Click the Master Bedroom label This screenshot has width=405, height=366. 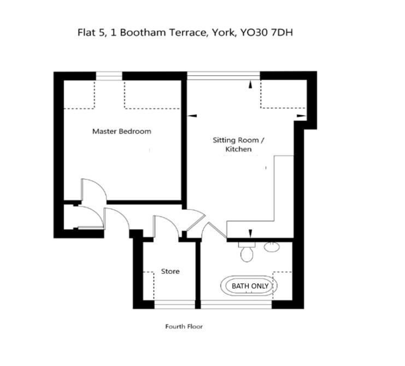[x=122, y=132]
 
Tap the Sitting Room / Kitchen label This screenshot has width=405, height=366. [x=238, y=145]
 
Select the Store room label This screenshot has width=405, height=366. [x=170, y=271]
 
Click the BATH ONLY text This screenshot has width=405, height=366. [x=250, y=286]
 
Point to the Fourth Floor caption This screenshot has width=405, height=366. [x=184, y=327]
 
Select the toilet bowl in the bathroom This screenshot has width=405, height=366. [x=247, y=254]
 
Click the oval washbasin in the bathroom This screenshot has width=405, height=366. [x=272, y=247]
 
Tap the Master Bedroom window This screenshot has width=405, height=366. [x=109, y=76]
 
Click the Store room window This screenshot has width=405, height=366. [x=174, y=305]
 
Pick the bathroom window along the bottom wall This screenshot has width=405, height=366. [x=236, y=305]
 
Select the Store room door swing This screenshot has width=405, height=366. [x=171, y=221]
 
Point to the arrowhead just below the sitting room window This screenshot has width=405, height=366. [x=250, y=85]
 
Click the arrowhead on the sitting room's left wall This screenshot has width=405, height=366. [x=192, y=116]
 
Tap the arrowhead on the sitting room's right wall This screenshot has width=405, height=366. [x=301, y=116]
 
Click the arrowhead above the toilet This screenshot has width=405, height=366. [x=250, y=233]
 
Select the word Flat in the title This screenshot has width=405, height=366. [x=86, y=33]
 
